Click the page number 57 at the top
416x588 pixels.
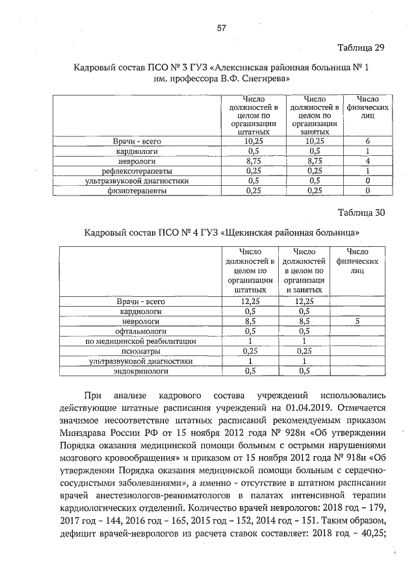(x=221, y=29)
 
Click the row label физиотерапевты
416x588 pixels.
(x=136, y=192)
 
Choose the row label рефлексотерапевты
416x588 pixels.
(x=136, y=171)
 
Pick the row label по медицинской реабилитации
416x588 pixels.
(x=136, y=341)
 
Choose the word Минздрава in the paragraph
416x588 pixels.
(x=92, y=433)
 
